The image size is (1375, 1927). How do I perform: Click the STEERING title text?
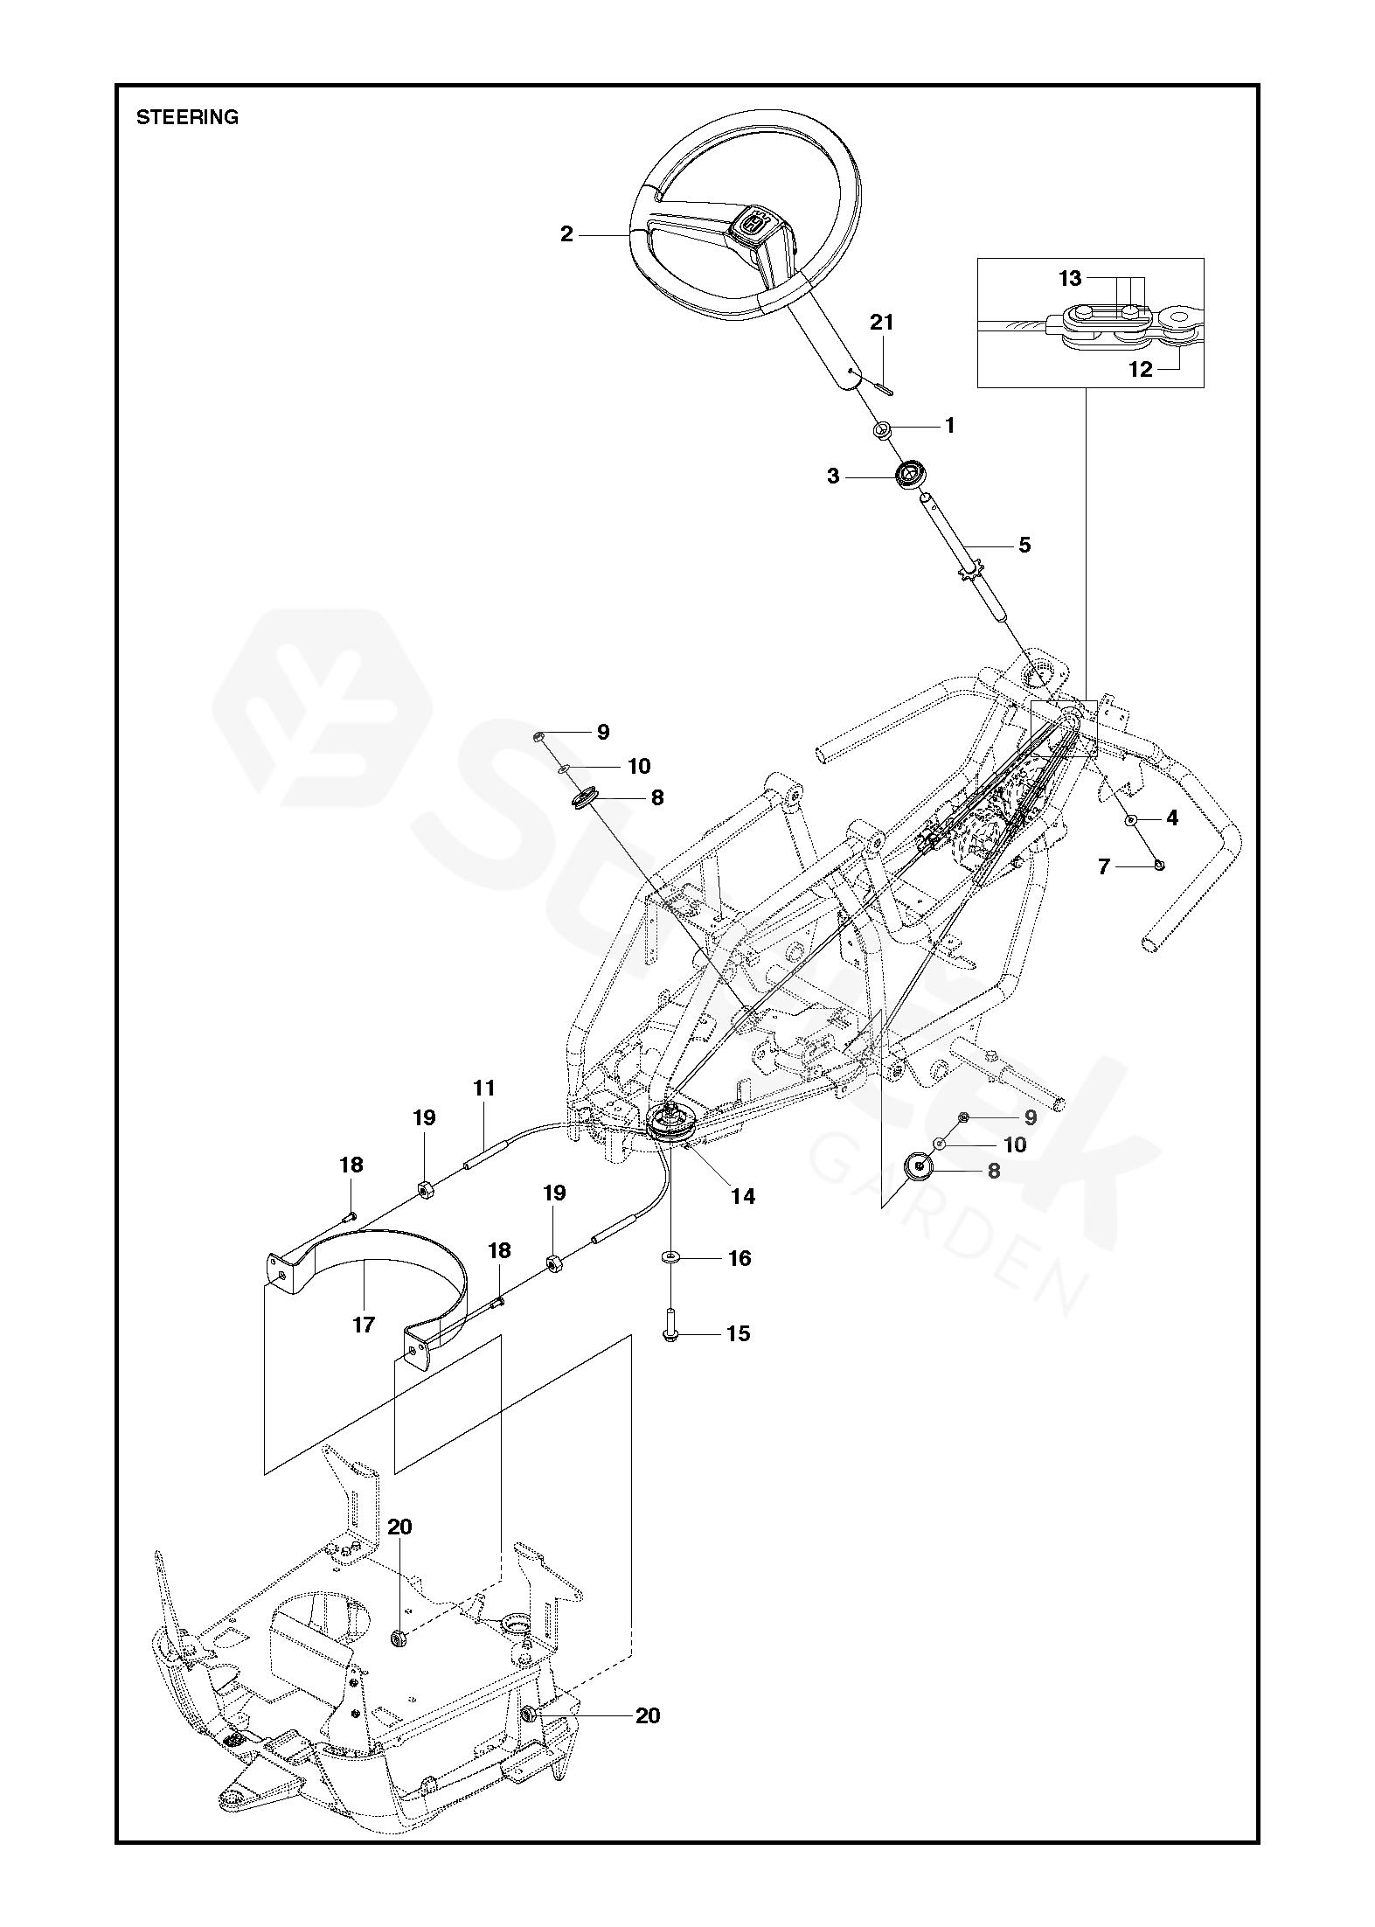pyautogui.click(x=187, y=117)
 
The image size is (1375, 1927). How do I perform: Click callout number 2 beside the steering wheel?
pyautogui.click(x=567, y=234)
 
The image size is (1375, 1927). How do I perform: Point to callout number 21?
pyautogui.click(x=882, y=323)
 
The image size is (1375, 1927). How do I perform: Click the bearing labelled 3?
pyautogui.click(x=908, y=477)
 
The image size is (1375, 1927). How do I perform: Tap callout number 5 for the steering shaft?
pyautogui.click(x=1024, y=546)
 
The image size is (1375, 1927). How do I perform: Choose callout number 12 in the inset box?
pyautogui.click(x=1141, y=369)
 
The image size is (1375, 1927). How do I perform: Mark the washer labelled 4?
pyautogui.click(x=1130, y=820)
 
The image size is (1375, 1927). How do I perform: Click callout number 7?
pyautogui.click(x=1103, y=866)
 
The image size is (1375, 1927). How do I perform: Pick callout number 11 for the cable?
pyautogui.click(x=484, y=1088)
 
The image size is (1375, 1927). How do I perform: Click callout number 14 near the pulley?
pyautogui.click(x=743, y=1196)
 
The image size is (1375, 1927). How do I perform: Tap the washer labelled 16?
pyautogui.click(x=670, y=1257)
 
